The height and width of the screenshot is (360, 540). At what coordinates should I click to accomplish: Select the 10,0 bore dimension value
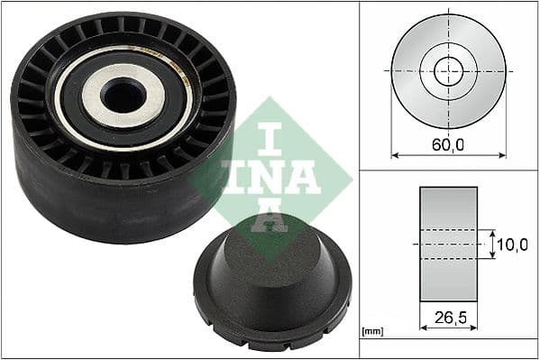[513, 245]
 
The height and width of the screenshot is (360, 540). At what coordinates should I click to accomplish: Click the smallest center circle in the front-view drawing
[448, 70]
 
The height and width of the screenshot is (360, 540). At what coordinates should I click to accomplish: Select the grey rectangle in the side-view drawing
[448, 244]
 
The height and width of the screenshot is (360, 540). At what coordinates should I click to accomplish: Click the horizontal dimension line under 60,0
[448, 154]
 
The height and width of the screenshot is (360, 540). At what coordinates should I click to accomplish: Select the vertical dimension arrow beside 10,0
[493, 244]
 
